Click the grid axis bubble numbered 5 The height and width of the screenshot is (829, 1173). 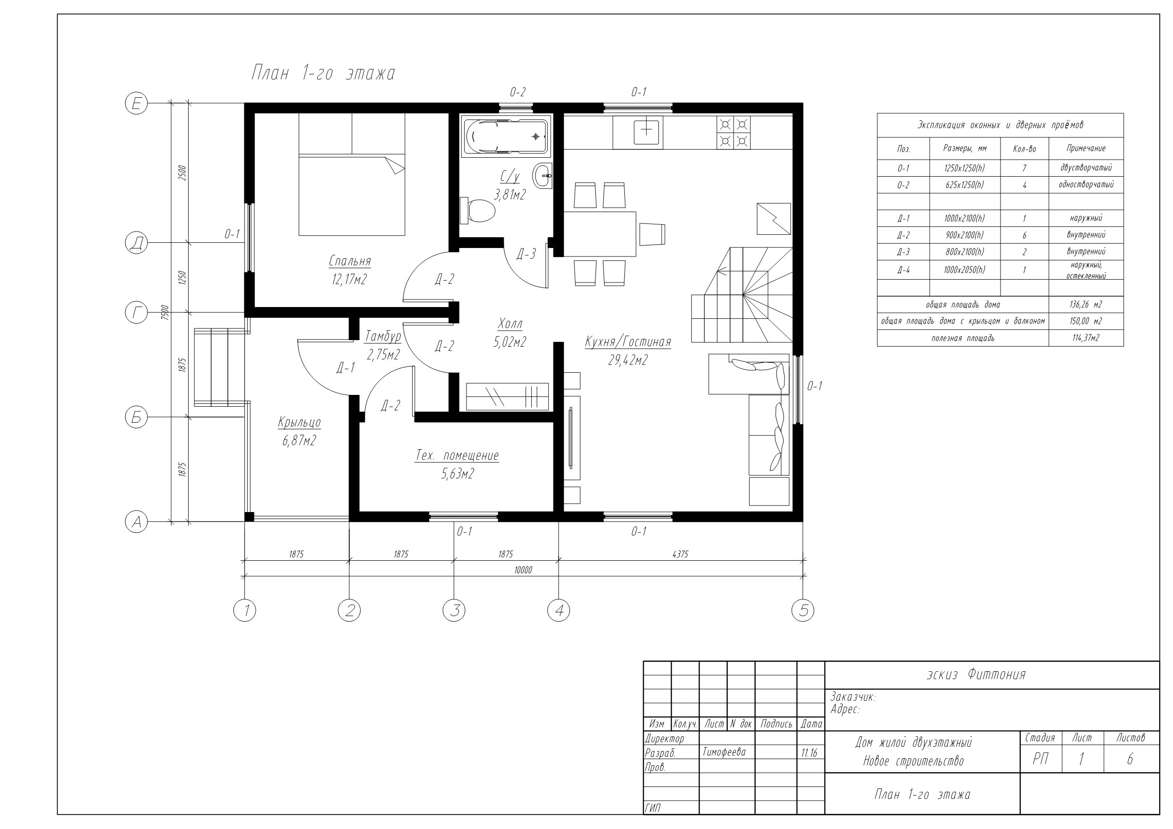coord(802,610)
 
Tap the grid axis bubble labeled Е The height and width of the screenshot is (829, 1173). coord(137,104)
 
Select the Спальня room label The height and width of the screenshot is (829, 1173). coord(350,261)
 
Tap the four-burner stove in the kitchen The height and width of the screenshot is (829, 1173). coord(733,133)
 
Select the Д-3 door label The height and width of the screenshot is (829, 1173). coord(526,254)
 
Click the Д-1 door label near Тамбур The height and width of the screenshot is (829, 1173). coord(345,368)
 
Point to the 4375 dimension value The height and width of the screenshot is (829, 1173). coord(680,554)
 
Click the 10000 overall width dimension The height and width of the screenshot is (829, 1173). coord(523,570)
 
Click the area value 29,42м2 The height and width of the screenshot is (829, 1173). coord(628,360)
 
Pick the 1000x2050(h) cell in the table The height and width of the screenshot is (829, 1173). coord(965,270)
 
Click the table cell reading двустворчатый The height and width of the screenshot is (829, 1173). coord(1086,168)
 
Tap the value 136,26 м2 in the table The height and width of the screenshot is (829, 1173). coord(1086,304)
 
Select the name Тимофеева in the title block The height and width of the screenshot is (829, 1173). coord(724,752)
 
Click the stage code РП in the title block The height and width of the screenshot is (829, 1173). coord(1041,760)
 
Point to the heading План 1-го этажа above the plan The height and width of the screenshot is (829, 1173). coord(323,74)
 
